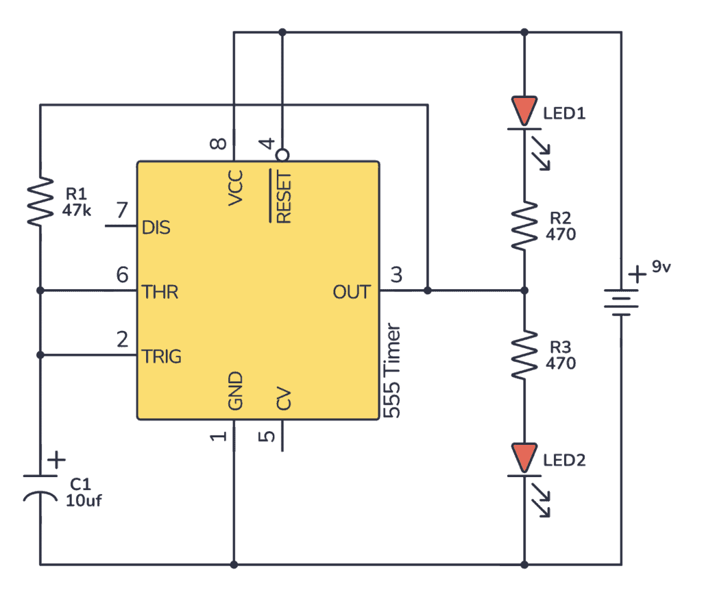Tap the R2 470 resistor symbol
click(524, 226)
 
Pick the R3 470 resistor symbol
click(524, 355)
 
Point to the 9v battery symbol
click(621, 302)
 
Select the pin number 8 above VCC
click(217, 145)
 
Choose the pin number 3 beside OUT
click(397, 276)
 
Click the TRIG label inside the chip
click(162, 356)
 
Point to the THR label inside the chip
click(160, 292)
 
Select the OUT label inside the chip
click(351, 292)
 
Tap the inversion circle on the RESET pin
click(282, 155)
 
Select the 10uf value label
click(84, 500)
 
